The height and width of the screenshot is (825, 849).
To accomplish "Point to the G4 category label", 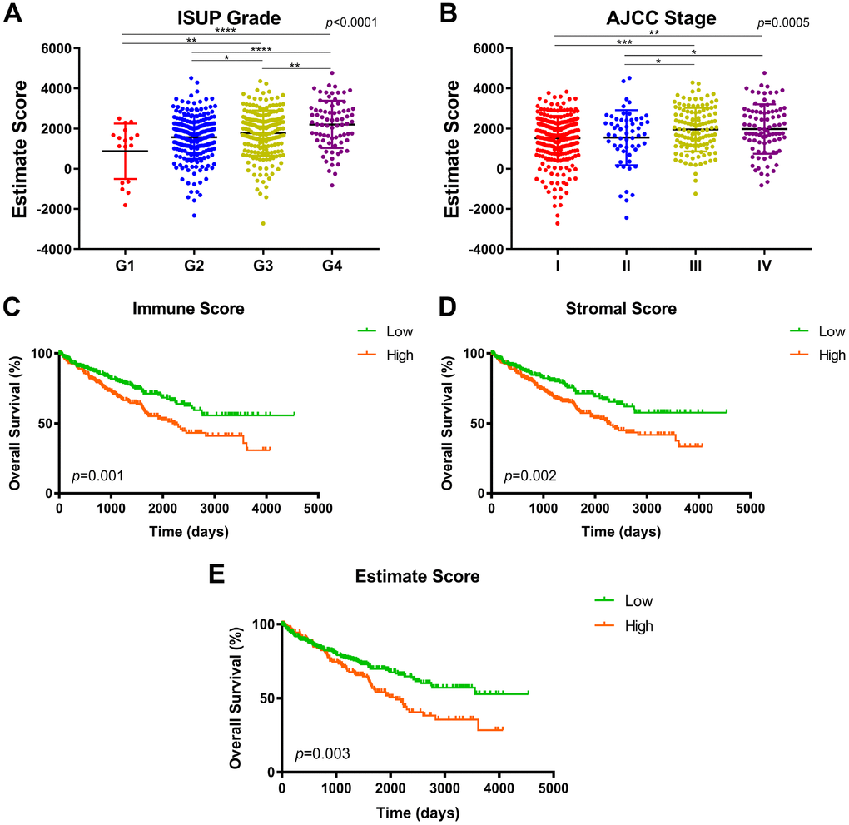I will click(x=330, y=267).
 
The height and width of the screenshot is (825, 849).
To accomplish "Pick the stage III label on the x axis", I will click(x=694, y=267).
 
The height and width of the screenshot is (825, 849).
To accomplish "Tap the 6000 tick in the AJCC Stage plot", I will click(x=485, y=48).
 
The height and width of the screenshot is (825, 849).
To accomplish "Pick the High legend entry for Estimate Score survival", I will click(x=638, y=625).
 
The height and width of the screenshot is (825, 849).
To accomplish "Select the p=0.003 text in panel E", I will click(x=323, y=754).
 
